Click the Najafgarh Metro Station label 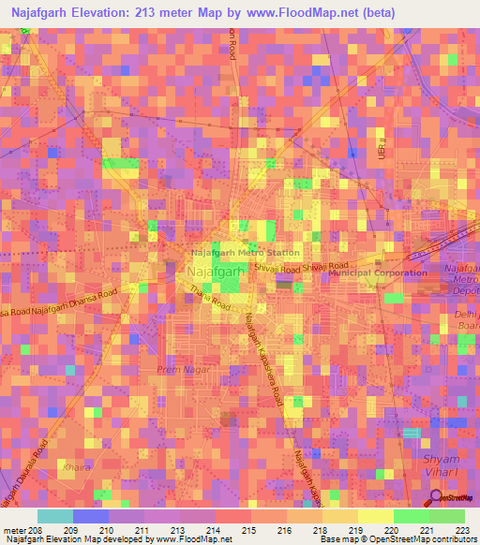pyautogui.click(x=246, y=252)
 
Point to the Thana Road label pyautogui.click(x=209, y=297)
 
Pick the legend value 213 pyautogui.click(x=179, y=530)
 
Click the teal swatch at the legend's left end pyautogui.click(x=54, y=516)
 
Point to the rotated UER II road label pyautogui.click(x=383, y=144)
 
